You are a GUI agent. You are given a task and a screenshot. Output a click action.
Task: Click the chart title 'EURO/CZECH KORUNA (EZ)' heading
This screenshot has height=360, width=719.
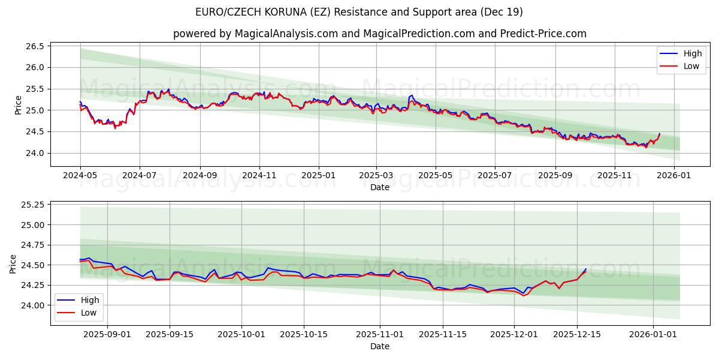[x=359, y=12]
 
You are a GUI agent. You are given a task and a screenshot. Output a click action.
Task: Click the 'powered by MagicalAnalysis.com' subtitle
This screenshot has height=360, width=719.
[x=379, y=34]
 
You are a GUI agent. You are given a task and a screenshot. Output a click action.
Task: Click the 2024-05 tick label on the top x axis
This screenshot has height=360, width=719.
[x=80, y=175]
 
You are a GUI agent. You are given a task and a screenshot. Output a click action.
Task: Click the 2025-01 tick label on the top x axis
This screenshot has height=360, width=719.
[x=318, y=175]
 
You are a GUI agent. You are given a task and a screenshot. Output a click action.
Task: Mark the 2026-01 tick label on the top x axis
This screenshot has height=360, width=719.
[x=674, y=175]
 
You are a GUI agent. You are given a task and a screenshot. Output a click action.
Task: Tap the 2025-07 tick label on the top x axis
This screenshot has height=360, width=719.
[x=495, y=175]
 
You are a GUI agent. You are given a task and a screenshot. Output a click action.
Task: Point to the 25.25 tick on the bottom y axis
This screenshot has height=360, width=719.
[x=34, y=205]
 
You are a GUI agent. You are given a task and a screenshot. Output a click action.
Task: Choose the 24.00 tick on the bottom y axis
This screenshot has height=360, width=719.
[x=34, y=305]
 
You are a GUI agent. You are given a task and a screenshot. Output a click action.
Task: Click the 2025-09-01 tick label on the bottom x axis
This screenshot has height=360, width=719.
[x=108, y=334]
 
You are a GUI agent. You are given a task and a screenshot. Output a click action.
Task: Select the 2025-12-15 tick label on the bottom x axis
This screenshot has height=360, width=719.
[x=577, y=334]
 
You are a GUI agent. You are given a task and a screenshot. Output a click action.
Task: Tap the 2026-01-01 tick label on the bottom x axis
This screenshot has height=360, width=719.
[x=652, y=334]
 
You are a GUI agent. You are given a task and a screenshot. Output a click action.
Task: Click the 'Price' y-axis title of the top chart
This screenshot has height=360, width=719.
[x=18, y=105]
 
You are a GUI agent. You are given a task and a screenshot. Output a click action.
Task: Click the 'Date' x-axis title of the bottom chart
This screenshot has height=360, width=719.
[x=379, y=346]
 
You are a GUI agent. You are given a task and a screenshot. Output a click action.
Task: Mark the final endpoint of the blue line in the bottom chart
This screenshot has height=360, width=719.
[x=586, y=269]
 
